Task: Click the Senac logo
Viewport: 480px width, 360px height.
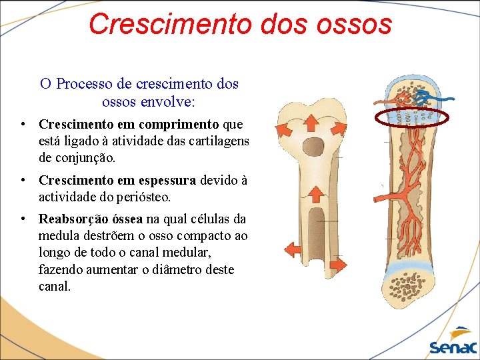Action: pyautogui.click(x=453, y=343)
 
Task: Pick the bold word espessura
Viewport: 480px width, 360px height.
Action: pyautogui.click(x=166, y=180)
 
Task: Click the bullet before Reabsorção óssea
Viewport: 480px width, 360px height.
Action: pyautogui.click(x=23, y=219)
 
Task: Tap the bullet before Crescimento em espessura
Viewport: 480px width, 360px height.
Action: pyautogui.click(x=23, y=180)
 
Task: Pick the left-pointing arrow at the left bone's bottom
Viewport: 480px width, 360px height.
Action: pyautogui.click(x=292, y=249)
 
